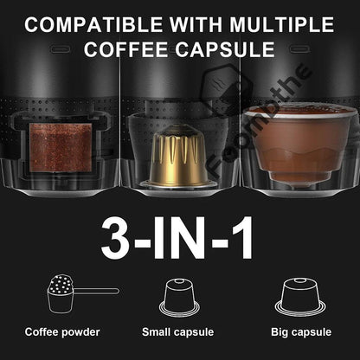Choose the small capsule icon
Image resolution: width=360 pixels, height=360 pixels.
point(179,295)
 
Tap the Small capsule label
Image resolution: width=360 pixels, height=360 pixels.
point(179,331)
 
